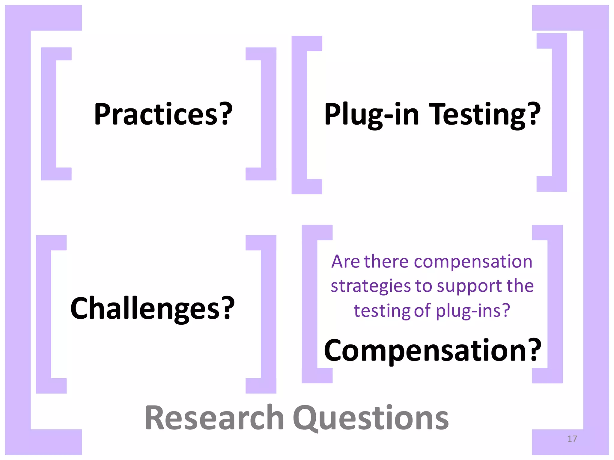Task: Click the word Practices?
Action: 163,114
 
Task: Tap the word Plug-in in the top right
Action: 371,115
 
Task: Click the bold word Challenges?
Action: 152,308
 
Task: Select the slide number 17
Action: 572,439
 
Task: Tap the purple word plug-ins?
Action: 473,311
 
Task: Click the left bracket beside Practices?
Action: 49,114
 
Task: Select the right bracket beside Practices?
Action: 268,114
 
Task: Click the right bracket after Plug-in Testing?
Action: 559,112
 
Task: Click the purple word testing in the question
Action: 382,311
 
